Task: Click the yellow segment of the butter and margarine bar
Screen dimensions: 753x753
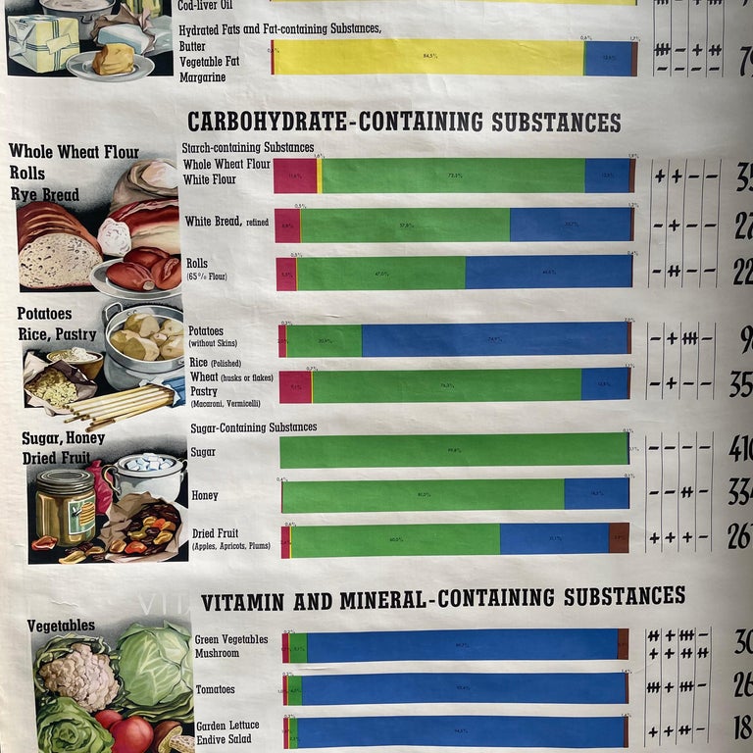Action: pyautogui.click(x=427, y=58)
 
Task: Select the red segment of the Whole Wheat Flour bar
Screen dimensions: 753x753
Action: pyautogui.click(x=295, y=176)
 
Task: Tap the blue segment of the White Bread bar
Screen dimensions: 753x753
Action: pyautogui.click(x=570, y=225)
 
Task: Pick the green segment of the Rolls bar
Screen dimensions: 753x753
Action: pyautogui.click(x=380, y=274)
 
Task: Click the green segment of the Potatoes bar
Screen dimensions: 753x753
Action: pyautogui.click(x=324, y=340)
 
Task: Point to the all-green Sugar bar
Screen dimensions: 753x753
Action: pyautogui.click(x=453, y=451)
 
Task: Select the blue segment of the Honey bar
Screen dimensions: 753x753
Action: pyautogui.click(x=596, y=494)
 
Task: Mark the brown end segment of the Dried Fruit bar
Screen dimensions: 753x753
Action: pyautogui.click(x=619, y=538)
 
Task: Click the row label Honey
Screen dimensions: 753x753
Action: pyautogui.click(x=205, y=496)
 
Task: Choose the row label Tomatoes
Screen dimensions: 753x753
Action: pyautogui.click(x=215, y=690)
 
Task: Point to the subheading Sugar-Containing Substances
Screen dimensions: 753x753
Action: pyautogui.click(x=255, y=427)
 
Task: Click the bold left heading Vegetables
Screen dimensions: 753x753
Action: pyautogui.click(x=61, y=626)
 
